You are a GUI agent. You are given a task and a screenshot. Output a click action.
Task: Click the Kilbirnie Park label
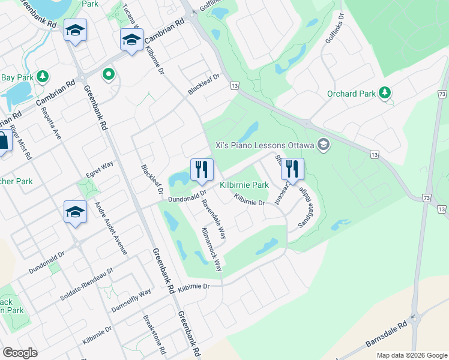tap(244, 185)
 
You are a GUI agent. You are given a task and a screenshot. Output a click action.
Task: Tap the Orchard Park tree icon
tap(385, 94)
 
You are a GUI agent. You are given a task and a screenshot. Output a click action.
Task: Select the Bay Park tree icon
tap(42, 77)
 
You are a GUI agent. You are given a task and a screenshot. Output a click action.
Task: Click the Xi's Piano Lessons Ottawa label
tap(265, 145)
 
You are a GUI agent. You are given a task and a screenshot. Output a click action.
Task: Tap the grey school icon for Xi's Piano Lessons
tap(324, 145)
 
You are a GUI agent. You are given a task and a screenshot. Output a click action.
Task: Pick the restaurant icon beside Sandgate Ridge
tap(292, 169)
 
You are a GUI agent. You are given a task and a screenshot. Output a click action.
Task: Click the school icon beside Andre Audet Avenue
tap(75, 212)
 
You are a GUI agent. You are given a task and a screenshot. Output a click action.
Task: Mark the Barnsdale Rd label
tap(387, 336)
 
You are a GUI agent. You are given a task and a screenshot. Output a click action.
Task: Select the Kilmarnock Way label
tap(212, 249)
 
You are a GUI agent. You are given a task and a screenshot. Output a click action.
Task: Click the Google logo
tap(20, 353)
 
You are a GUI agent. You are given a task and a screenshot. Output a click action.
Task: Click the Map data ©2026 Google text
tap(411, 355)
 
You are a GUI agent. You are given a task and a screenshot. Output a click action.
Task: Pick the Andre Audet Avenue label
tap(111, 228)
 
